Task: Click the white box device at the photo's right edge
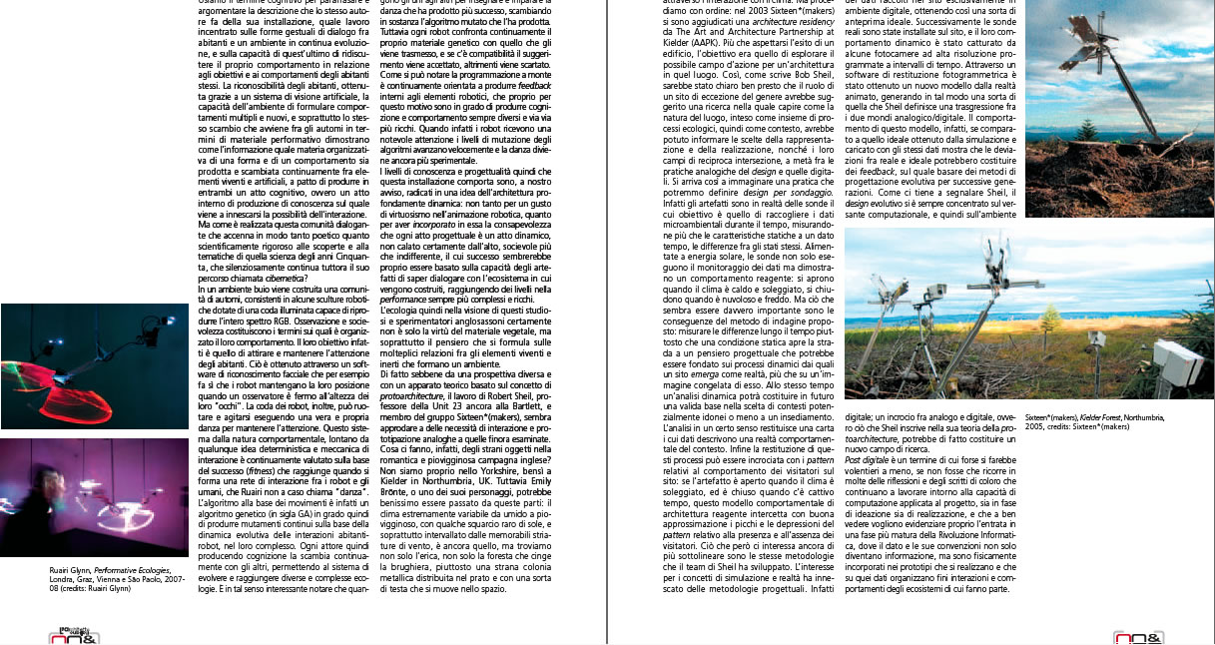point(1177,358)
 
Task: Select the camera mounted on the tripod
point(933,296)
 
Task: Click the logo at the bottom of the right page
point(1138,637)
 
